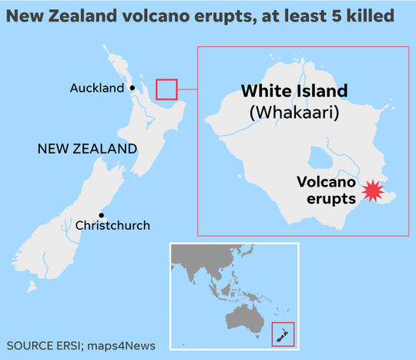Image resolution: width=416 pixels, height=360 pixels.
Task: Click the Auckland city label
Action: [x=96, y=88]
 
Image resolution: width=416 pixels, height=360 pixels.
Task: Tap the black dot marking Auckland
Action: [x=133, y=88]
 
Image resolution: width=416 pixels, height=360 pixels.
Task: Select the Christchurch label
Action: [x=112, y=226]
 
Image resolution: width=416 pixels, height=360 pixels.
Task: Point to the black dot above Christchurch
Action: [x=101, y=215]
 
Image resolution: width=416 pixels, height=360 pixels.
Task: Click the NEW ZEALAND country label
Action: [x=87, y=148]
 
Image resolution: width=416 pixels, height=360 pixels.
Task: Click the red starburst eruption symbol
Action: [x=374, y=190]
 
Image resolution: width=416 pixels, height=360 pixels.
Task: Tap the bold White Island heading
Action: [x=294, y=91]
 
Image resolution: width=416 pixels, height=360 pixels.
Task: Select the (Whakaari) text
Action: [x=294, y=113]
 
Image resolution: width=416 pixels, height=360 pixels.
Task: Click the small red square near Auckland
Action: [x=166, y=89]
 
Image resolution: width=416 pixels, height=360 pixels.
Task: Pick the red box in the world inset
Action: [x=283, y=334]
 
